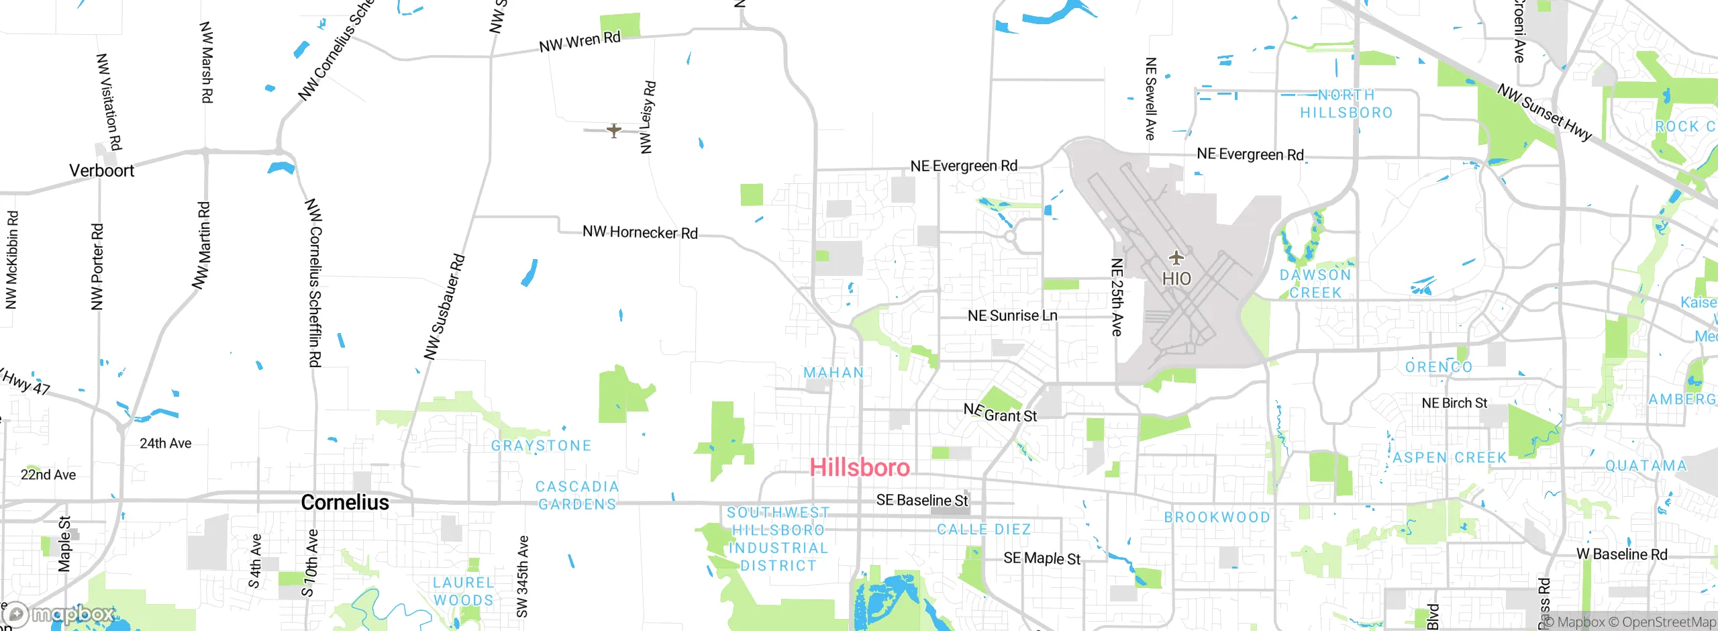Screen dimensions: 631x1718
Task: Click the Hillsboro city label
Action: point(860,467)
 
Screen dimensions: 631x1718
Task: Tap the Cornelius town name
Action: point(345,502)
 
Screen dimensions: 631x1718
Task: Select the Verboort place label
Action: point(102,171)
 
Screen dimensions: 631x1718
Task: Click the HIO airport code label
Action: point(1176,279)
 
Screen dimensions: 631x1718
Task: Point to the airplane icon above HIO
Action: point(1176,258)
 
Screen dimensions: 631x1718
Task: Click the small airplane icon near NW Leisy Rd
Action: point(613,130)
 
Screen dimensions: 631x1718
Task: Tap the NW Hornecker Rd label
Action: point(640,232)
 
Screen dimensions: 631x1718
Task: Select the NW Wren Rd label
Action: point(580,42)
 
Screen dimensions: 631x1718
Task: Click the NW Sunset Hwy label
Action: point(1544,112)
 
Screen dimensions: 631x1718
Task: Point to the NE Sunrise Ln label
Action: point(1012,315)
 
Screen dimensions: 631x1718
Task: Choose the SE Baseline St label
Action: point(922,500)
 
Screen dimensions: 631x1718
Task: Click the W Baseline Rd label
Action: point(1621,554)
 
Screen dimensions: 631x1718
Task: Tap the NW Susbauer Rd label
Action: point(444,306)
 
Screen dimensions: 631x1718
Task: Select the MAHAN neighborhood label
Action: point(833,373)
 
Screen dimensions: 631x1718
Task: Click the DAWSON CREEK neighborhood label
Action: point(1315,284)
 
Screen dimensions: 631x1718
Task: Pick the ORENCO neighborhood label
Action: point(1439,367)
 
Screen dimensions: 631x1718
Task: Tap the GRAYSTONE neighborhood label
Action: point(541,446)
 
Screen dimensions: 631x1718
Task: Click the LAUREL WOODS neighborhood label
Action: point(464,591)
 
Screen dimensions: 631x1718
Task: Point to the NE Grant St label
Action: point(1000,413)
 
